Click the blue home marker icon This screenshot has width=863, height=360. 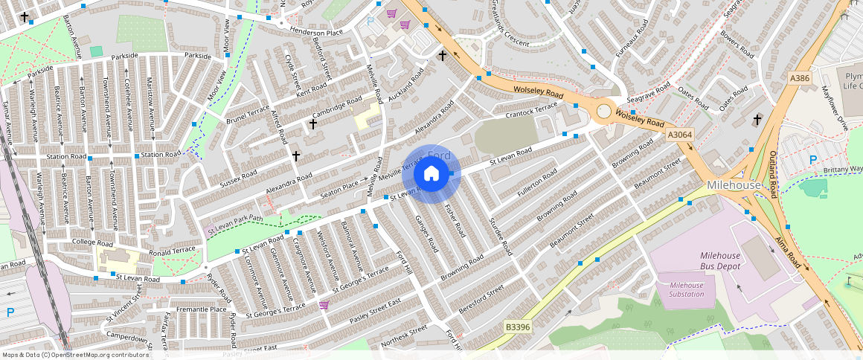[x=431, y=174]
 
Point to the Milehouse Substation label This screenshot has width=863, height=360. [x=686, y=289]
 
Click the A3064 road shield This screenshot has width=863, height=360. [x=678, y=135]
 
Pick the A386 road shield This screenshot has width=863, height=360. [x=799, y=78]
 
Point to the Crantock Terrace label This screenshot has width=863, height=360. [x=531, y=111]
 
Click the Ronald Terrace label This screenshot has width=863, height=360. [x=172, y=251]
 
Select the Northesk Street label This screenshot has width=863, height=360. [x=404, y=337]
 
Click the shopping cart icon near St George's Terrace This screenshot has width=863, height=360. [x=324, y=304]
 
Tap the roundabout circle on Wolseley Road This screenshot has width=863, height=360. [x=604, y=112]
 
